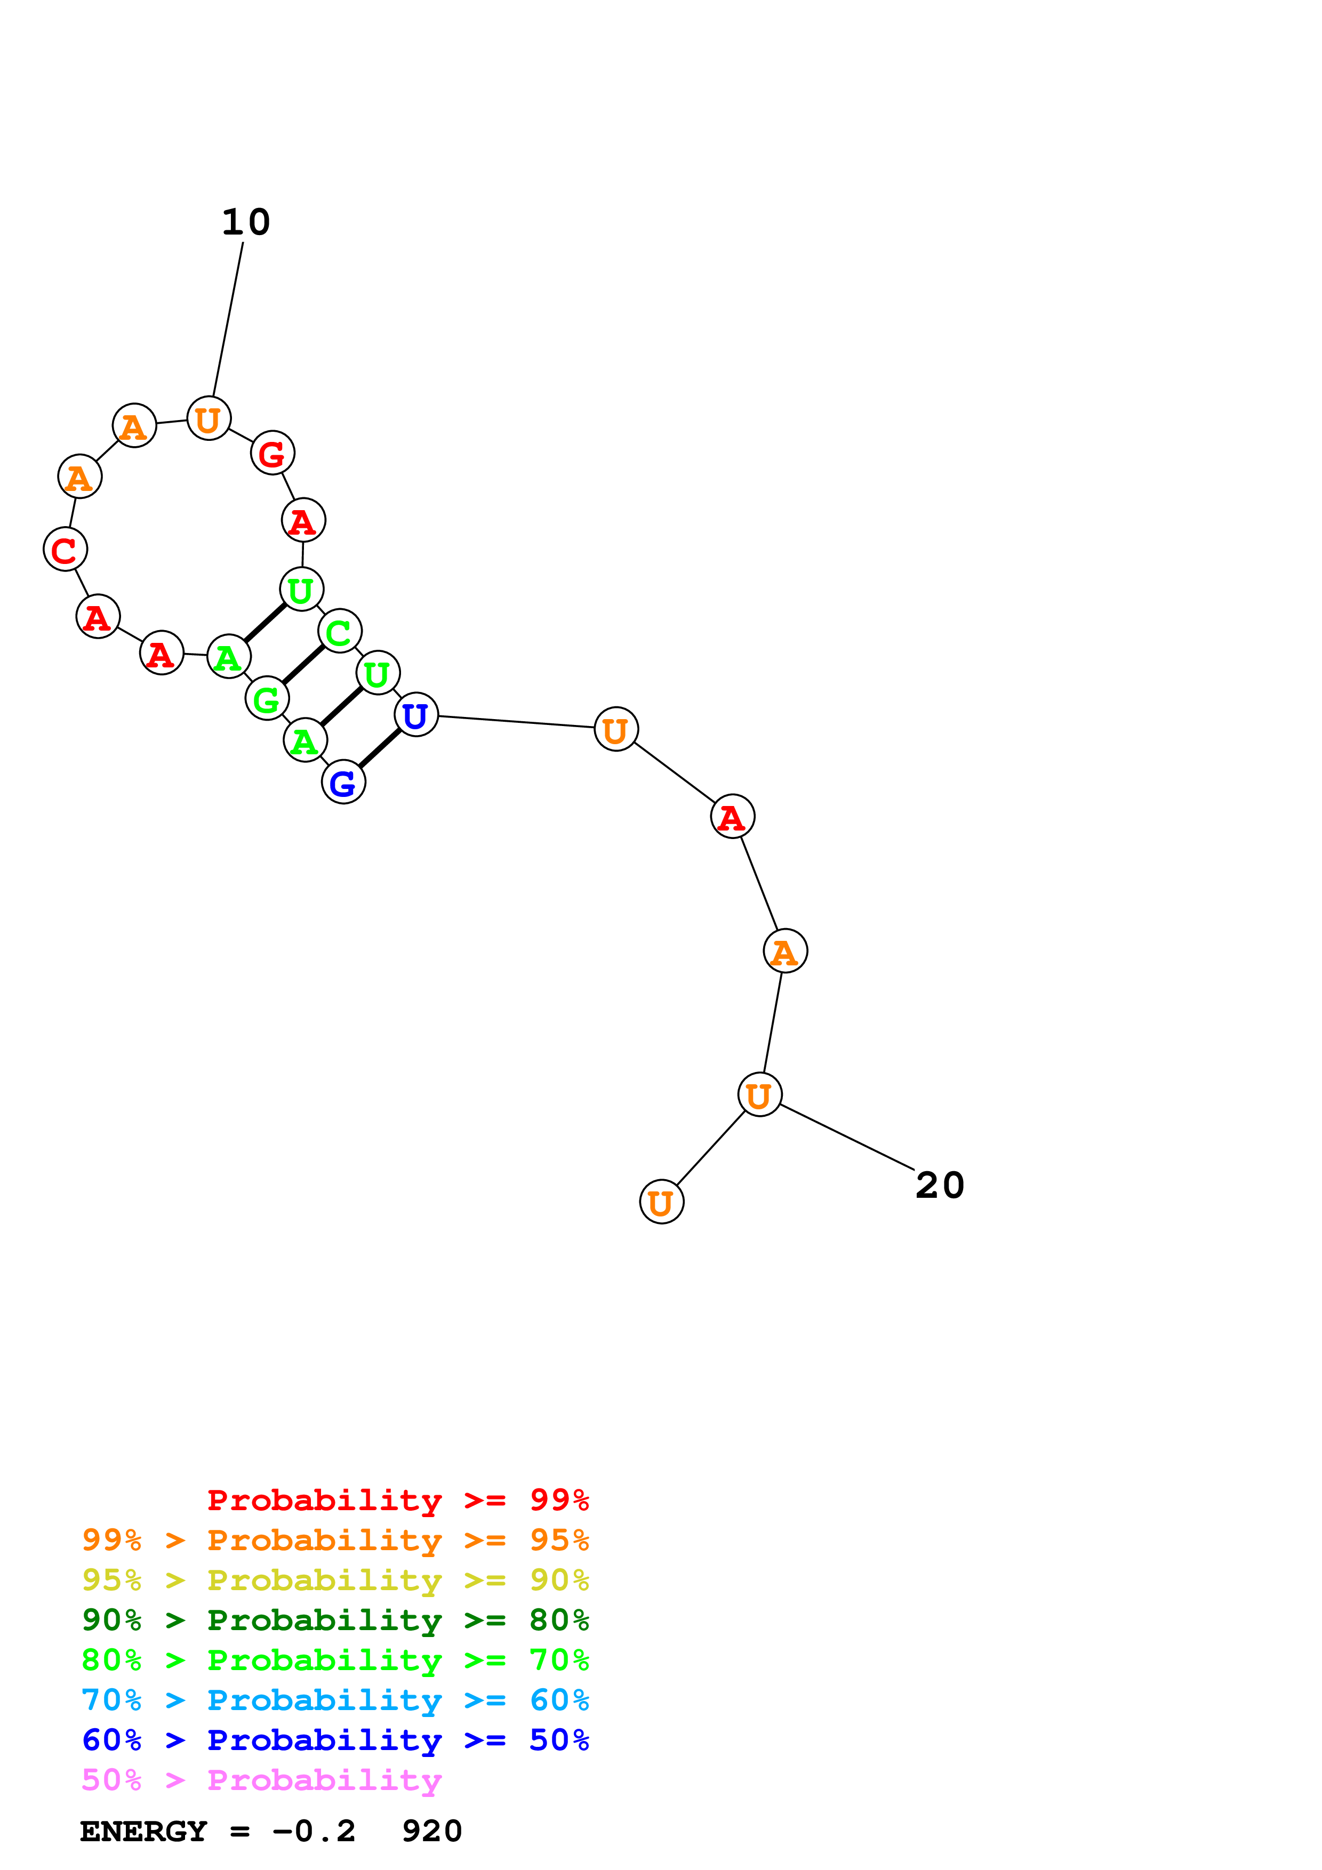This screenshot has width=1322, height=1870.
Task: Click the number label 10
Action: coord(245,222)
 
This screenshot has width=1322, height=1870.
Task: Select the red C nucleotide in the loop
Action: coord(65,550)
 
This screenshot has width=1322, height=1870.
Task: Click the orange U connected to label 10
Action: coord(209,418)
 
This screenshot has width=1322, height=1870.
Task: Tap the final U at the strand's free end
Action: coord(661,1202)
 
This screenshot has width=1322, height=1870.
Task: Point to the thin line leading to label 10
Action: coord(228,318)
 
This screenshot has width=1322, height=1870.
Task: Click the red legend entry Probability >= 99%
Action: coord(397,1500)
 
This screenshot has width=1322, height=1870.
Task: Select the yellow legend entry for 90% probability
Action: coord(335,1580)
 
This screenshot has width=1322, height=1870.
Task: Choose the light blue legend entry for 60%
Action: coord(335,1700)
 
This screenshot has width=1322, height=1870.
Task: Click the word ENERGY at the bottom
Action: coord(143,1832)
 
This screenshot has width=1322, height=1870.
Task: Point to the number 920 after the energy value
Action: coord(432,1832)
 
